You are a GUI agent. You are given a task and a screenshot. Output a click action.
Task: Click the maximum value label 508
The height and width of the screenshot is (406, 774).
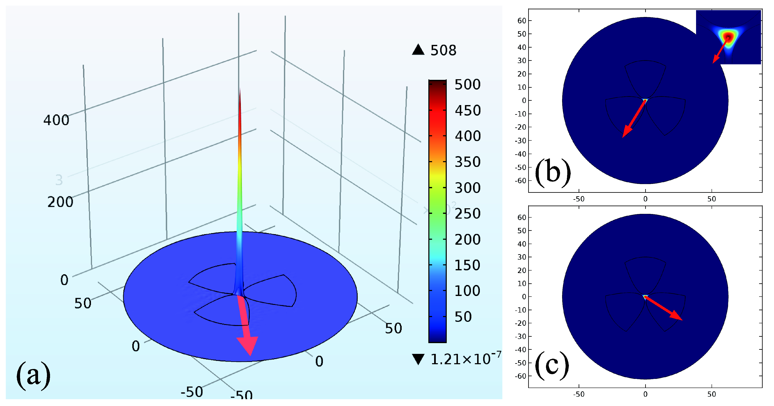(443, 50)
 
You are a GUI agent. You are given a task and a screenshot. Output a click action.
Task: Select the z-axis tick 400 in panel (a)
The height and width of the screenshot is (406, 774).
(56, 120)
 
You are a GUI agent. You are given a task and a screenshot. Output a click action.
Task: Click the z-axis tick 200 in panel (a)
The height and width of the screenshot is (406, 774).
(60, 202)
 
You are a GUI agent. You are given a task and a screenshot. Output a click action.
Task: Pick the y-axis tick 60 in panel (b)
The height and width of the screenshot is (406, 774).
(522, 21)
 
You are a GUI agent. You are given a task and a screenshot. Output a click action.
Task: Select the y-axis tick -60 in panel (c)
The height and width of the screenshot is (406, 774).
(521, 376)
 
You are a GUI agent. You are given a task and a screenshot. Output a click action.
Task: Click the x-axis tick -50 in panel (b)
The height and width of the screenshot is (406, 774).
(579, 199)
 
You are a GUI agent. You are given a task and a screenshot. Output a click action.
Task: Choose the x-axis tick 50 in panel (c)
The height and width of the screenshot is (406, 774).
(712, 394)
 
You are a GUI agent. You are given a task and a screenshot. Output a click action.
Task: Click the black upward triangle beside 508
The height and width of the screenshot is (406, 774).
(418, 50)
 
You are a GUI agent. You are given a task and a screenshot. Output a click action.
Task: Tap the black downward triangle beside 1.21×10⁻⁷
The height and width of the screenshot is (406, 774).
(418, 359)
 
